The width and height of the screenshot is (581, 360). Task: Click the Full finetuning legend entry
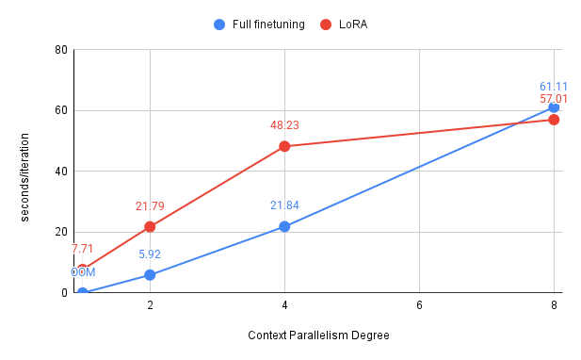tap(259, 25)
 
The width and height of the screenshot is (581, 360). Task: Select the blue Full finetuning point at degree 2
tap(150, 275)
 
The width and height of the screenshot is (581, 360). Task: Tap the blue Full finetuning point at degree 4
tap(284, 226)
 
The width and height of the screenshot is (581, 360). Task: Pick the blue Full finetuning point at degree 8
tap(554, 107)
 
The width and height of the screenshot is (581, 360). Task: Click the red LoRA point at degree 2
tap(150, 227)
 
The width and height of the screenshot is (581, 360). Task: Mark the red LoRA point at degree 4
tap(284, 147)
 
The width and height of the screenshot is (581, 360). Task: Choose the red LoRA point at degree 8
tap(554, 120)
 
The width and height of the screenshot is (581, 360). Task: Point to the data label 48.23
tap(284, 124)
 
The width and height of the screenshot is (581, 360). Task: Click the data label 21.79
tap(150, 205)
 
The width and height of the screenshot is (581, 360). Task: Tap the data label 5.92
tap(150, 254)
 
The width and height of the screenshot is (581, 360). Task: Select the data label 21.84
tap(284, 205)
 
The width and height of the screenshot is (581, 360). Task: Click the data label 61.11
tap(554, 86)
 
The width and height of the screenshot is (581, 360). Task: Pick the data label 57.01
tap(554, 98)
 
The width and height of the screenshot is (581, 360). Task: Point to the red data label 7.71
tap(83, 250)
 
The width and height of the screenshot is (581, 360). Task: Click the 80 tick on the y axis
tap(60, 50)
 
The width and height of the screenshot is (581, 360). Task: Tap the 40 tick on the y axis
tap(60, 172)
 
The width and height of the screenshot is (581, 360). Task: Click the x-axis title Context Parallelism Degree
tap(318, 335)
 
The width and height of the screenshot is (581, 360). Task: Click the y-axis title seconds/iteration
tap(25, 172)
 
